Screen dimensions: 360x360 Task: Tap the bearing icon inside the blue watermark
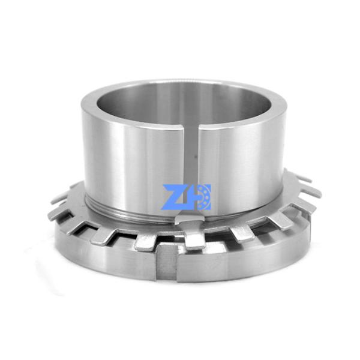coord(203,196)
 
